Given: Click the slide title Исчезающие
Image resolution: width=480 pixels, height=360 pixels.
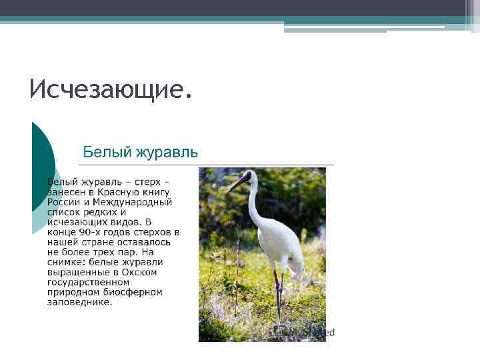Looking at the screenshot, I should (111, 89).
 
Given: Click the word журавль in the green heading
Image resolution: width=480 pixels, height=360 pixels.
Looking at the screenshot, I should (166, 152).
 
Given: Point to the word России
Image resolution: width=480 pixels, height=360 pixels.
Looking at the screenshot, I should (63, 202).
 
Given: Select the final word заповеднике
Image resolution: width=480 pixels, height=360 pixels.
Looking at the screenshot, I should (79, 302).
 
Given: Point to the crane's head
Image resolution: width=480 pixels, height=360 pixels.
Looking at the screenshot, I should (248, 176).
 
